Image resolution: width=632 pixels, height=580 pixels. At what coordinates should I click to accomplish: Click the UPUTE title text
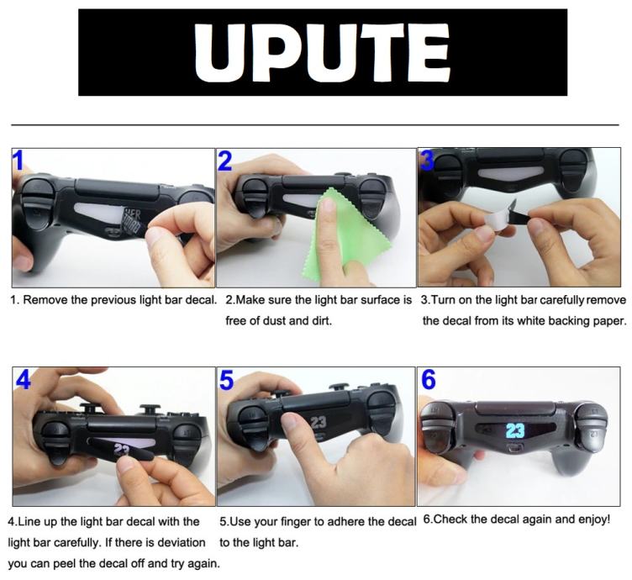point(323,52)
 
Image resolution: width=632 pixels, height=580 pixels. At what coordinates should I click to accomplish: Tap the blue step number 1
point(18,161)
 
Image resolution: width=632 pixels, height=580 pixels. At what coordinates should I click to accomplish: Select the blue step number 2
point(225,161)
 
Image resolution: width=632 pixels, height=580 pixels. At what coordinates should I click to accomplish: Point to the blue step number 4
point(24,379)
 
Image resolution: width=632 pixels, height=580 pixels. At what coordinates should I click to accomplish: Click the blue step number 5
point(227,380)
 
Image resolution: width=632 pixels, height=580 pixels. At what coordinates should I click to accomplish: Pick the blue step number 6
point(429,379)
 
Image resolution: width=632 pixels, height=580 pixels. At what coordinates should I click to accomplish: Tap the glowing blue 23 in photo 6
point(515,430)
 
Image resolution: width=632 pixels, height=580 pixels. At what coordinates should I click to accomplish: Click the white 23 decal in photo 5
point(318,422)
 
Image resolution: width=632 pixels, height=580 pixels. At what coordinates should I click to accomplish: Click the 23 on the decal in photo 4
point(121,449)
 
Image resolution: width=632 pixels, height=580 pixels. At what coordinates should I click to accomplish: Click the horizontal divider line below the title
point(315,125)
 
